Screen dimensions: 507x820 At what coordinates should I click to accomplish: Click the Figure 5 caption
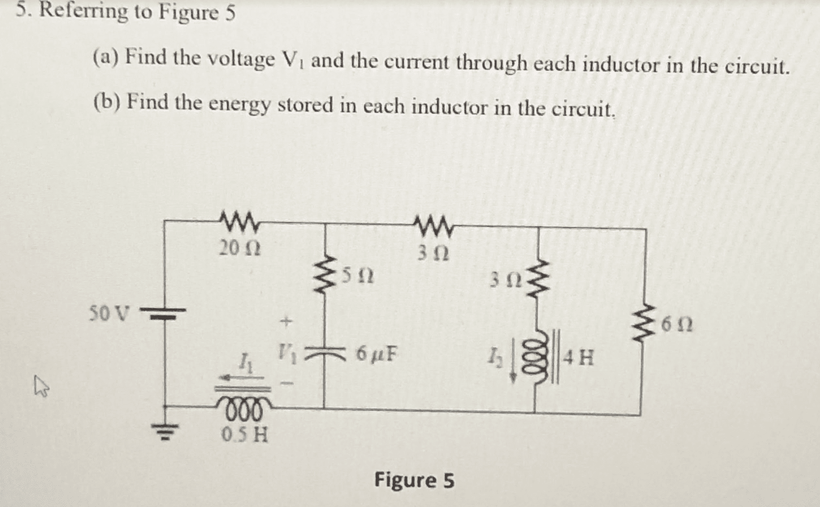(x=414, y=480)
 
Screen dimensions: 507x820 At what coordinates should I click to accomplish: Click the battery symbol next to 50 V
(x=163, y=314)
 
